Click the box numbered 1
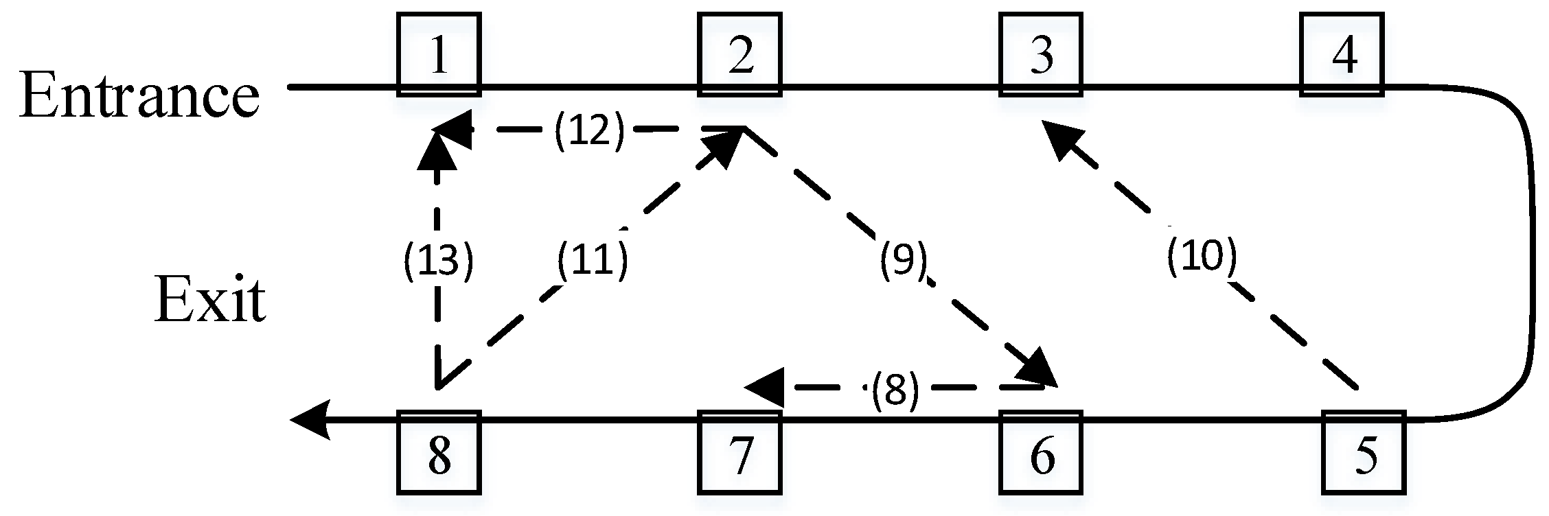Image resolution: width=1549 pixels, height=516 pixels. coord(439,55)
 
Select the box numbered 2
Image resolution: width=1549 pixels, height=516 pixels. coord(739,55)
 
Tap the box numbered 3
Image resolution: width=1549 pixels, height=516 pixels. coord(1040,55)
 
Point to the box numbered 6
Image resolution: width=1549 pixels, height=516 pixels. coord(1040,453)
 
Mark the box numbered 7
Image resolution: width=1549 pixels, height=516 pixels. coord(739,453)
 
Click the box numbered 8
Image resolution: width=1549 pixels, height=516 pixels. coord(439,453)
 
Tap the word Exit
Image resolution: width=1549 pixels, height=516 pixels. coord(209,301)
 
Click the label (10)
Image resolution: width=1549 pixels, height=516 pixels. coord(1202,257)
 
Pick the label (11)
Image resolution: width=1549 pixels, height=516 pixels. coord(592,261)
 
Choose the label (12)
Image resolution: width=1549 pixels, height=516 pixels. coord(590,129)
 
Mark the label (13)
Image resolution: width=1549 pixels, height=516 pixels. coord(438,261)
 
